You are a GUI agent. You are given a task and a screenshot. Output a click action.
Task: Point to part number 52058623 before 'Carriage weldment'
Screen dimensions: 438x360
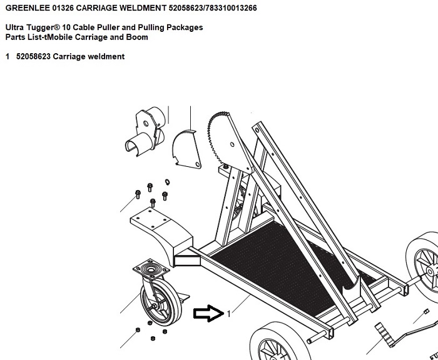(33, 56)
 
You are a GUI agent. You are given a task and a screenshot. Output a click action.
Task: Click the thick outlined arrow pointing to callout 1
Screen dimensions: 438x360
(208, 313)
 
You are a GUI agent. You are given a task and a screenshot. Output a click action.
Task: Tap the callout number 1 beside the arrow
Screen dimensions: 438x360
(229, 314)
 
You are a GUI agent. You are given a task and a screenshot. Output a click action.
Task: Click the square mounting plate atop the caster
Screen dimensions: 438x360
(151, 269)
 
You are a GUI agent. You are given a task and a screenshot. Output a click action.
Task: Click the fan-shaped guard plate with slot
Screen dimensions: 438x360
(186, 150)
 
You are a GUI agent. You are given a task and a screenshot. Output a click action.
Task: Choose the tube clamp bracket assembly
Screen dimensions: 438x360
(146, 131)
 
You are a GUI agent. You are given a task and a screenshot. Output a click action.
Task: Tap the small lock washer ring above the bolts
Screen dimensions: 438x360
(167, 182)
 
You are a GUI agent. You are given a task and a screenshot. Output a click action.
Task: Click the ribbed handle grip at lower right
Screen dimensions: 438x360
(385, 334)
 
